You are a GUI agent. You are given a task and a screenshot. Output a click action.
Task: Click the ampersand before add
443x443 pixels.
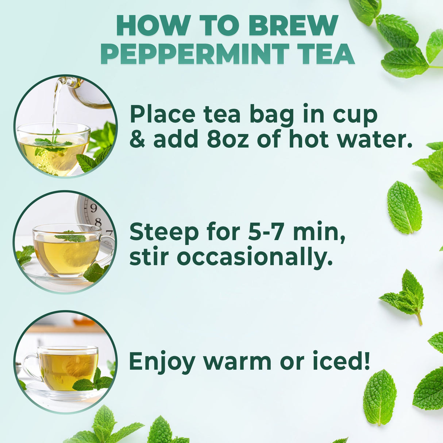pyautogui.click(x=137, y=140)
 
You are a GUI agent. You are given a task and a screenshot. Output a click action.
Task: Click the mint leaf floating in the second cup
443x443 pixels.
pyautogui.click(x=71, y=238)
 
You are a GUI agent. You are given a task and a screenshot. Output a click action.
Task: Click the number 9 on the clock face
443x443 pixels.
pyautogui.click(x=93, y=208)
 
